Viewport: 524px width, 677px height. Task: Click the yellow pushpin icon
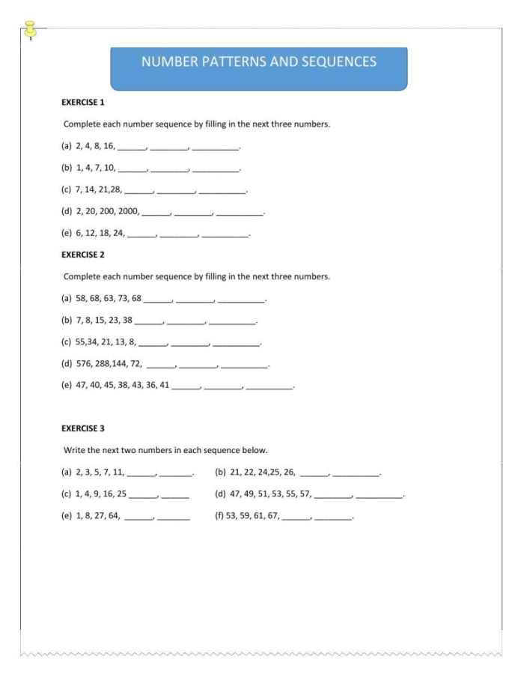tap(31, 30)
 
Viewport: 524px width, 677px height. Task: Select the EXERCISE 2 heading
tap(83, 255)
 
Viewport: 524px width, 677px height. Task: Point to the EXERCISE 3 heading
tap(83, 428)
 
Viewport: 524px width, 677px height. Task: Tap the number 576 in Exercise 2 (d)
tap(84, 364)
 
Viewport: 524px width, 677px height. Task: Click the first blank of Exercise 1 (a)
tap(132, 148)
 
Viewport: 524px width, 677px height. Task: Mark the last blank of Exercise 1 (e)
tap(225, 234)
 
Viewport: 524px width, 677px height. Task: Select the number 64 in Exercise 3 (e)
tap(114, 515)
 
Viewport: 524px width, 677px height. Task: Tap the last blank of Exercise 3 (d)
tap(379, 495)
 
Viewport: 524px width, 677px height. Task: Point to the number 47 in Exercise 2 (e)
tap(82, 386)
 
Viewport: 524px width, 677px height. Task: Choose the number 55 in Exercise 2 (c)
tap(82, 342)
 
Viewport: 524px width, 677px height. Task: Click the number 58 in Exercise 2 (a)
tap(82, 298)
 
